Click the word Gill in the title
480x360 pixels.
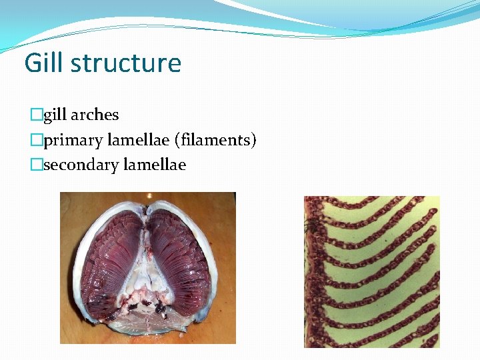[x=43, y=63]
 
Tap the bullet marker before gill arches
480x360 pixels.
[x=36, y=115]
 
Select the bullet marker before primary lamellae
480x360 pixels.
[x=36, y=141]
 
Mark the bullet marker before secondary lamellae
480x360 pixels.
[x=36, y=165]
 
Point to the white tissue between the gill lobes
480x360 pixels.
[x=148, y=267]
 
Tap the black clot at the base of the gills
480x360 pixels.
[x=160, y=309]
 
